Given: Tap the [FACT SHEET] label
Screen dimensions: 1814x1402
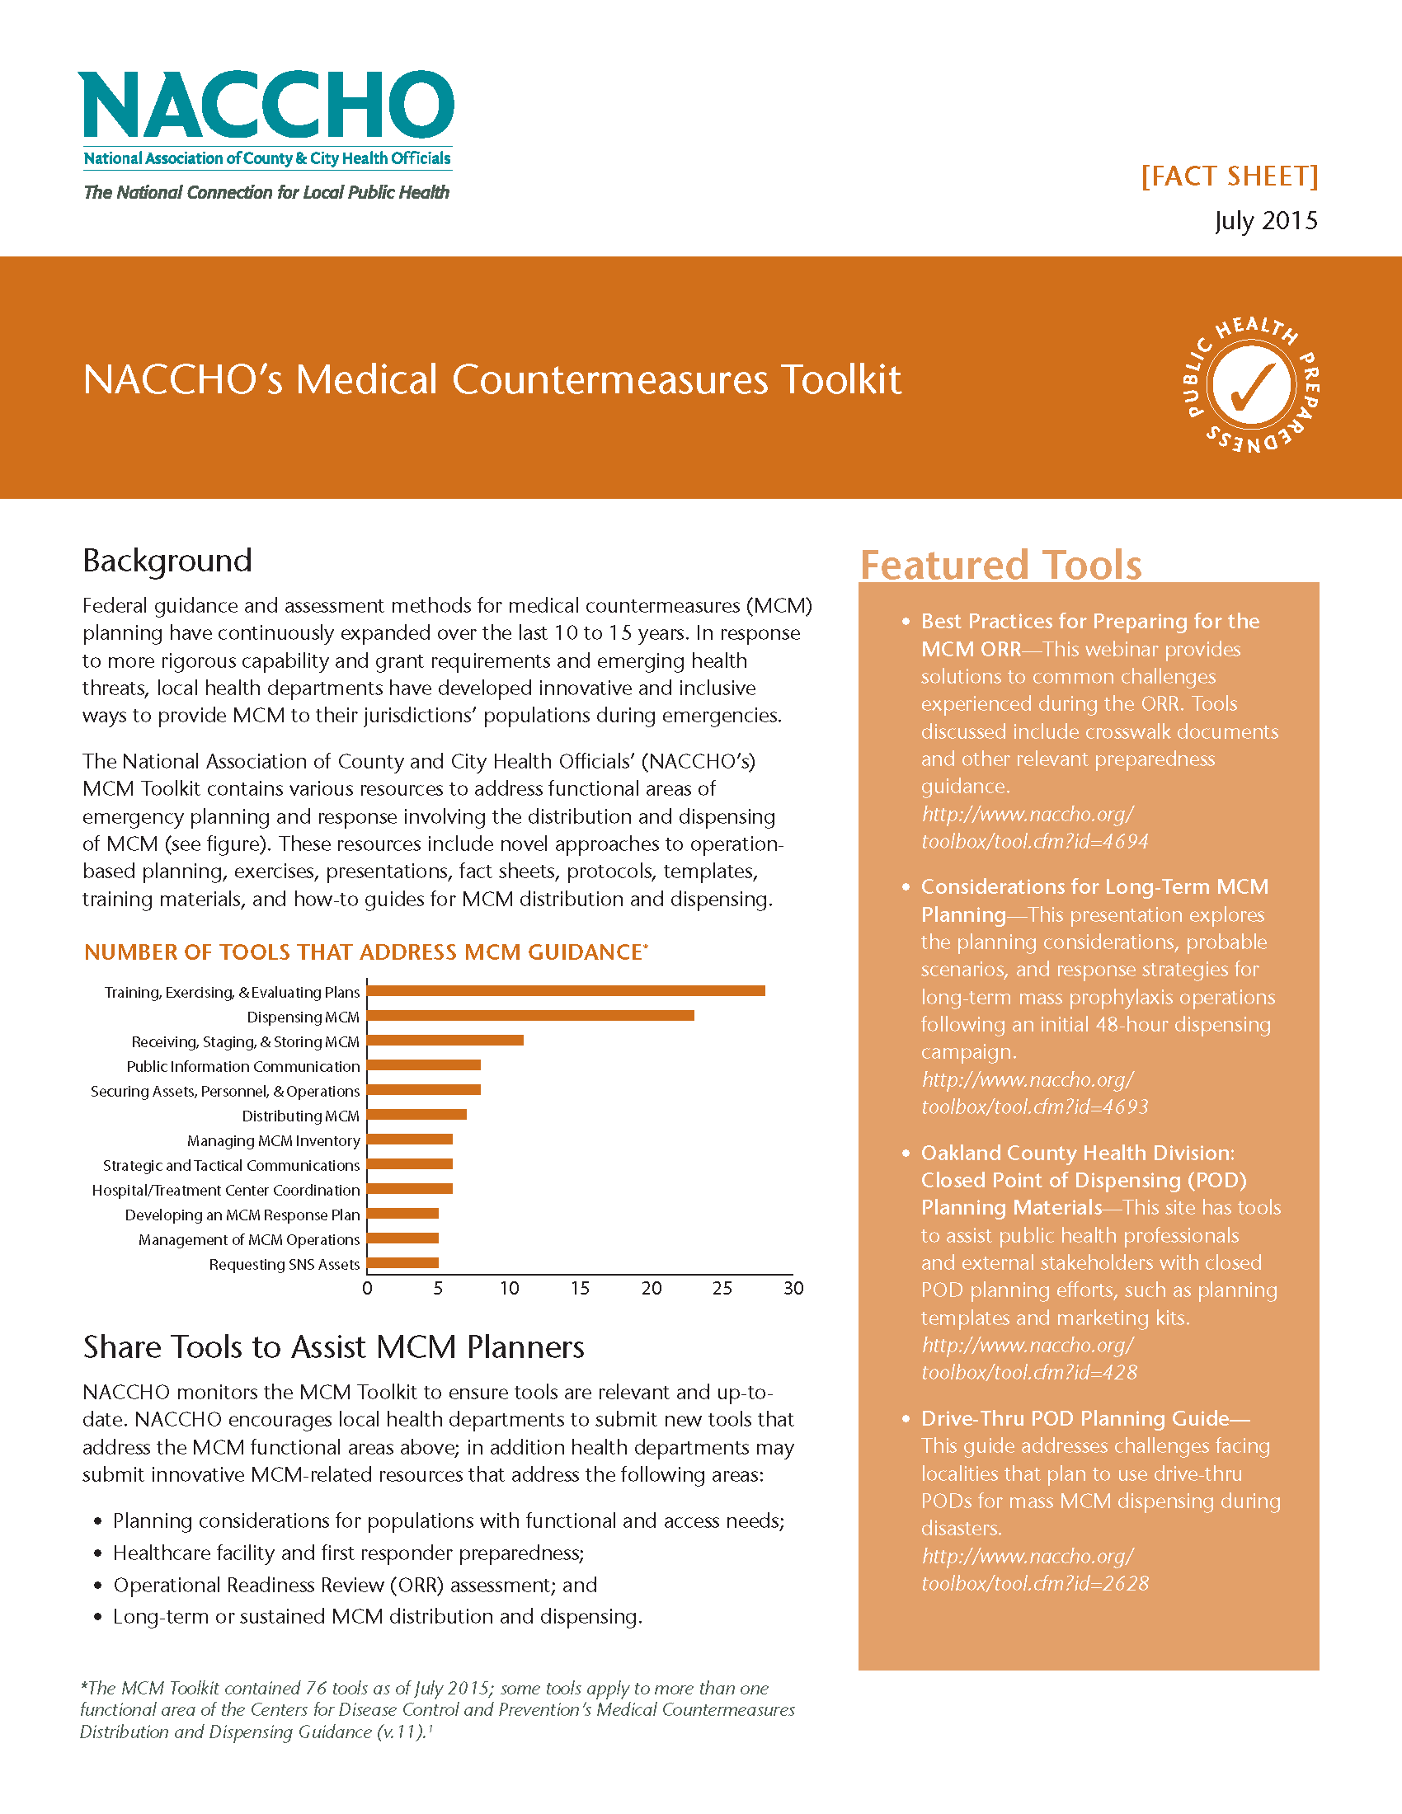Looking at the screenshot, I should [x=1230, y=176].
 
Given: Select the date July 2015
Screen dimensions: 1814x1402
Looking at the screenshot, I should [x=1265, y=220].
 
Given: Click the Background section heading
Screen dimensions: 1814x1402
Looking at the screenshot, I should [x=167, y=561].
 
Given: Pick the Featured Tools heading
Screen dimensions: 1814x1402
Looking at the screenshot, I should [x=1000, y=565].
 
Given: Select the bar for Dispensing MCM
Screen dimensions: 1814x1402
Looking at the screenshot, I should [x=530, y=1015].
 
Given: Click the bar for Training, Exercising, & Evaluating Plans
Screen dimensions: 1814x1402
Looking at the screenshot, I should [x=565, y=990].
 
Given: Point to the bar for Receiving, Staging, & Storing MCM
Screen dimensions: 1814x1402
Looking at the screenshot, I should [x=445, y=1040].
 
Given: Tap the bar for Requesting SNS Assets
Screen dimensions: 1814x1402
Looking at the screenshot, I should [x=402, y=1262].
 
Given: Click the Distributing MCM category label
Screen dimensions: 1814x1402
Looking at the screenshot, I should [x=300, y=1116].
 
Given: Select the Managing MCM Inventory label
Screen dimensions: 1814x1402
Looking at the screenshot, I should [x=273, y=1140].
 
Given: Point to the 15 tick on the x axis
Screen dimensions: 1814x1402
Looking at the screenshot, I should [x=580, y=1287].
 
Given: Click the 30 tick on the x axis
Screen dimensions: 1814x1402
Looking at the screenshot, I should [x=793, y=1287].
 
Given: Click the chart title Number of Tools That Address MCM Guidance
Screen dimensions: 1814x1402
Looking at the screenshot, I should [x=365, y=952].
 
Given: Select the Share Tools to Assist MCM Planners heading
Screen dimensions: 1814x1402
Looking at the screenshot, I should [x=333, y=1346].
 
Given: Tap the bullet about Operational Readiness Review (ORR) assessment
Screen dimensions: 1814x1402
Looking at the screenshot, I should [x=355, y=1585].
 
